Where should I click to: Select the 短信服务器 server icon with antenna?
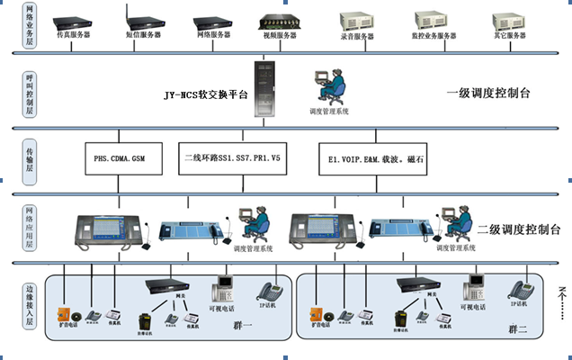[x=139, y=18]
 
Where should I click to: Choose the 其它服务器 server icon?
[x=508, y=17]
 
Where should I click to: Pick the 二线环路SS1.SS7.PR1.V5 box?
[x=237, y=158]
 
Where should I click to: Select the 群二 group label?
[x=517, y=330]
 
